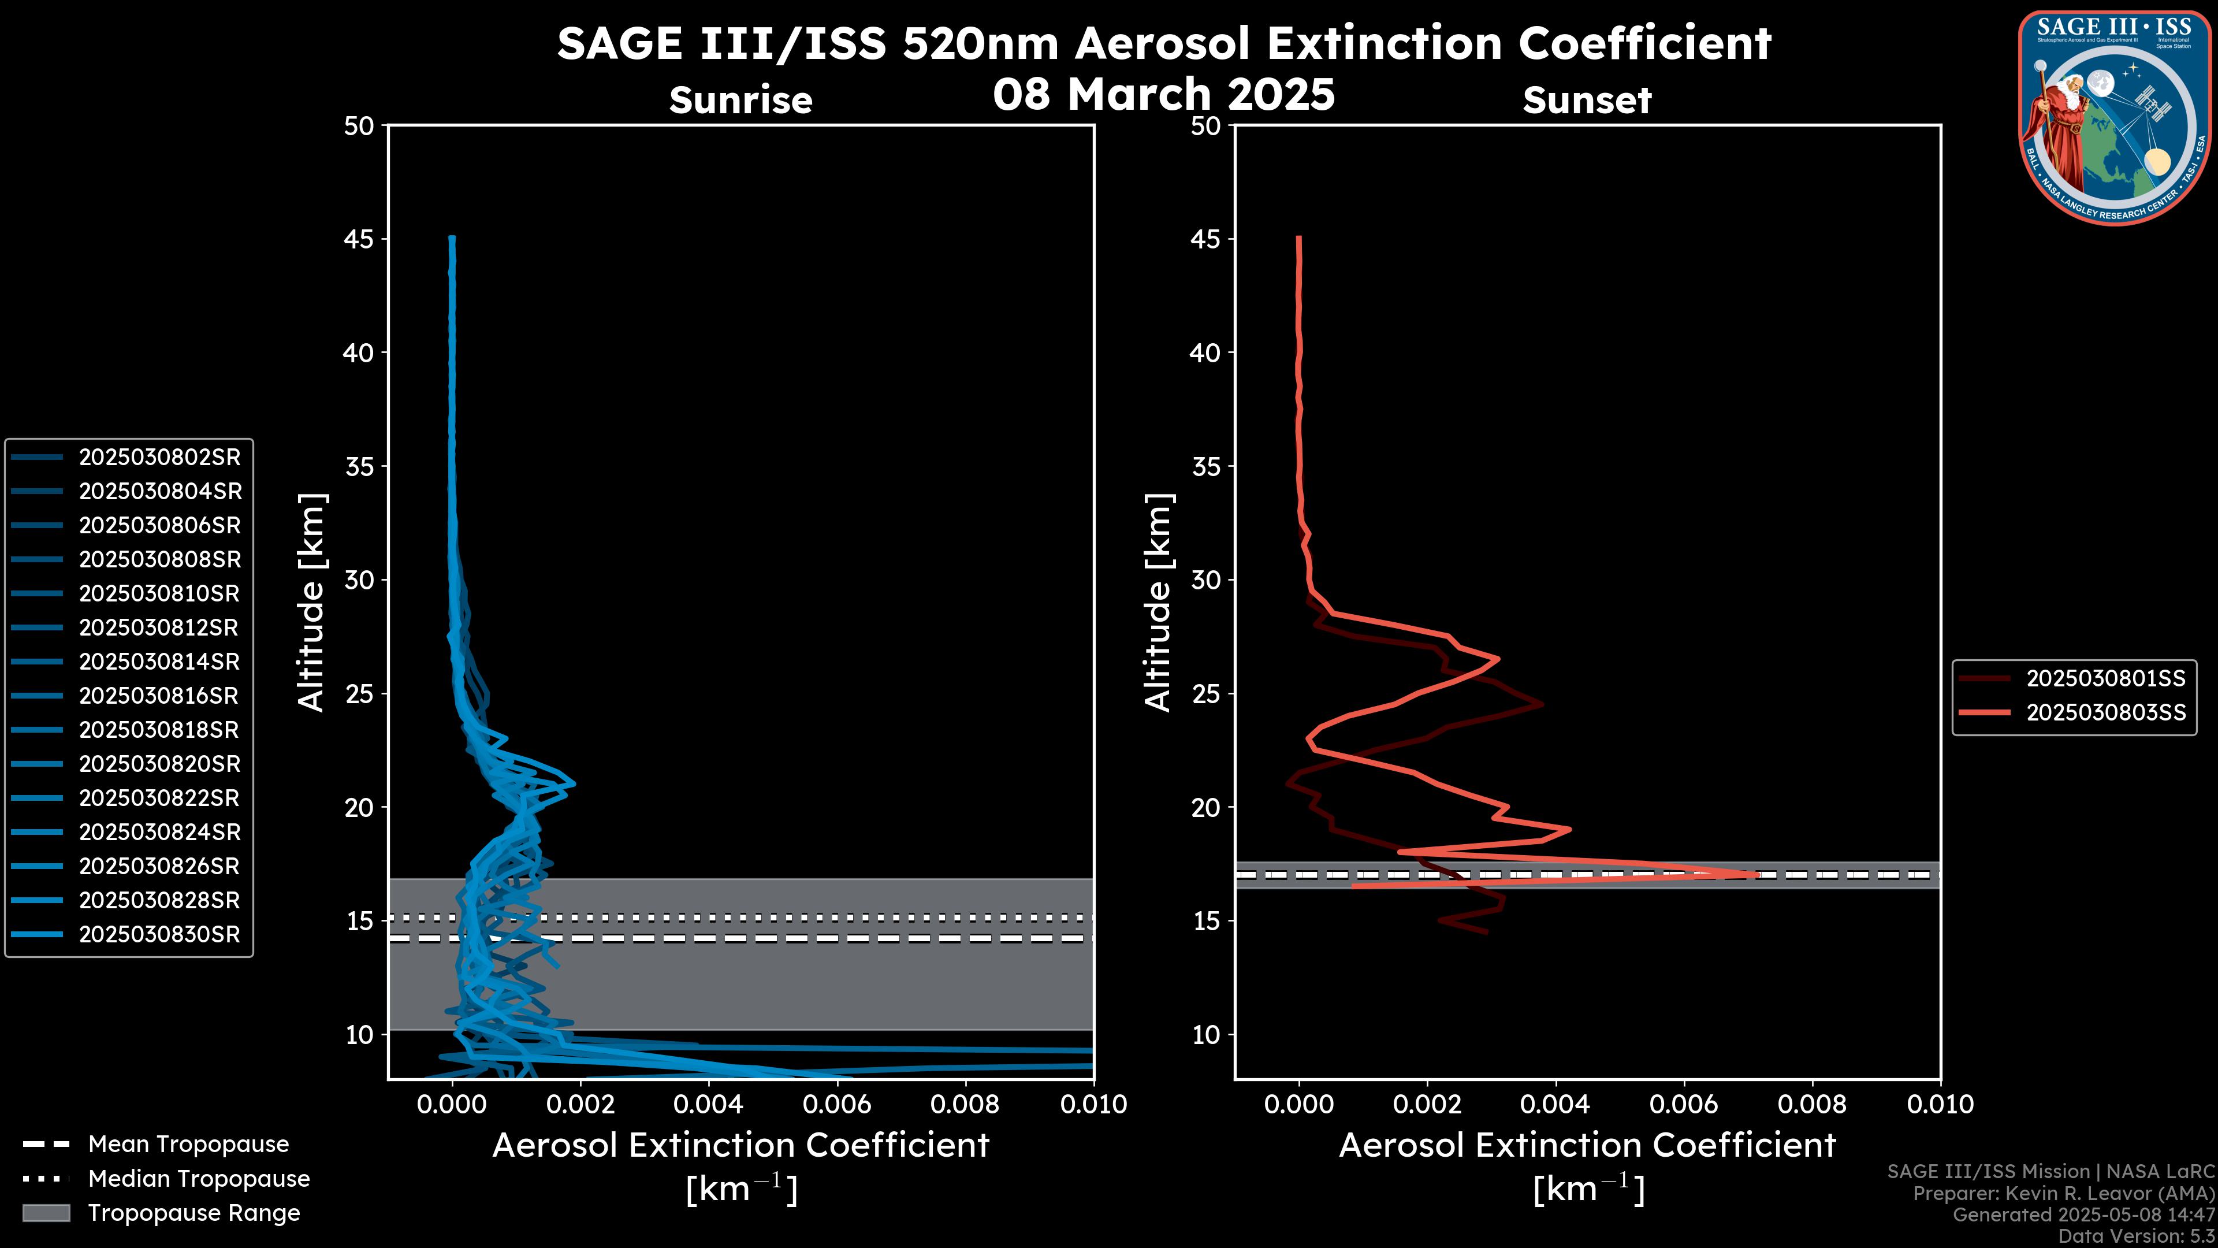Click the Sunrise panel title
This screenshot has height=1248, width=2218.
pyautogui.click(x=740, y=100)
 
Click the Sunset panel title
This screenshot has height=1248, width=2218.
pyautogui.click(x=1587, y=100)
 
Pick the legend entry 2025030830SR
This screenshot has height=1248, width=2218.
pyautogui.click(x=159, y=934)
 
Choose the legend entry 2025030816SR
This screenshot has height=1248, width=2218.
pyautogui.click(x=159, y=696)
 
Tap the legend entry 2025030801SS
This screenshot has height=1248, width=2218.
pyautogui.click(x=2105, y=679)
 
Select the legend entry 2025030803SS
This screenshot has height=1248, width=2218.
pyautogui.click(x=2105, y=713)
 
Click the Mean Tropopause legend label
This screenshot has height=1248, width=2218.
pyautogui.click(x=188, y=1145)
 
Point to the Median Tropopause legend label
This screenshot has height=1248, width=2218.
pyautogui.click(x=199, y=1179)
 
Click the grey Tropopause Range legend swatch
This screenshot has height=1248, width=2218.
pyautogui.click(x=46, y=1213)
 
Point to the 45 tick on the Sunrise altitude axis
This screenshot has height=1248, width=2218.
pyautogui.click(x=359, y=239)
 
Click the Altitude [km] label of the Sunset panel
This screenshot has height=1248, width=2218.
pyautogui.click(x=1158, y=603)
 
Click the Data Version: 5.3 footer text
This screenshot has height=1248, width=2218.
pyautogui.click(x=2135, y=1236)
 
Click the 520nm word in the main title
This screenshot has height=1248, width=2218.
pyautogui.click(x=980, y=43)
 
